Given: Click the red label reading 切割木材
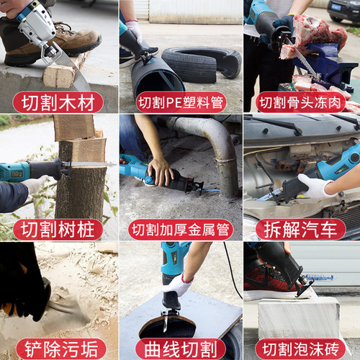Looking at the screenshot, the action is pyautogui.click(x=58, y=102).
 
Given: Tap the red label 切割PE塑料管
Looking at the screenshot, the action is pyautogui.click(x=181, y=102).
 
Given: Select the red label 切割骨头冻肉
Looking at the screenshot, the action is pyautogui.click(x=300, y=102).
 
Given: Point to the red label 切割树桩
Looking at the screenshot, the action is pyautogui.click(x=58, y=229).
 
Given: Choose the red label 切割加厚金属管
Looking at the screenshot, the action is pyautogui.click(x=181, y=229).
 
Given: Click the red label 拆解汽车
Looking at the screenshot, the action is pyautogui.click(x=300, y=229).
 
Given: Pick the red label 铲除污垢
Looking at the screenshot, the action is pyautogui.click(x=61, y=349).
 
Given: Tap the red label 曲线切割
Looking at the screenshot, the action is pyautogui.click(x=181, y=349).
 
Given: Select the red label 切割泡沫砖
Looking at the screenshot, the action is pyautogui.click(x=300, y=349).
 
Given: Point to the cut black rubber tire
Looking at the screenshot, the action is pyautogui.click(x=202, y=63).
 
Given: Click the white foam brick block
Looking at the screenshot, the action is pyautogui.click(x=299, y=318).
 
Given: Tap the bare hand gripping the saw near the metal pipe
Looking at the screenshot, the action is pyautogui.click(x=160, y=171).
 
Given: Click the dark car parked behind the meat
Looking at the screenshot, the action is pyautogui.click(x=343, y=12).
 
